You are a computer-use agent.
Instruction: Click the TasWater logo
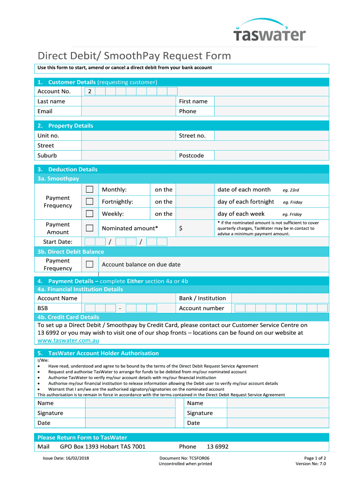(x=270, y=31)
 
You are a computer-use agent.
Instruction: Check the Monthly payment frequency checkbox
(x=89, y=189)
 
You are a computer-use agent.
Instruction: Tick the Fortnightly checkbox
(x=89, y=202)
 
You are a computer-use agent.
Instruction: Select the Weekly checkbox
(x=89, y=214)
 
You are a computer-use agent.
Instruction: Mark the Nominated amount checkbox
(x=89, y=228)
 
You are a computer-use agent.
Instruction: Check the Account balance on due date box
(x=89, y=264)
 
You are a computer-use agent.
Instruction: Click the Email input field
(x=129, y=111)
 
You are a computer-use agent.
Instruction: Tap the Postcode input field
(x=271, y=155)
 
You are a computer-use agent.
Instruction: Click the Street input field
(x=205, y=145)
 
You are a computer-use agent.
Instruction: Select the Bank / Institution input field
(x=280, y=298)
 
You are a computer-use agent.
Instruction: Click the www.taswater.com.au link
(x=68, y=341)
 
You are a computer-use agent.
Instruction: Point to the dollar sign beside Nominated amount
(x=181, y=228)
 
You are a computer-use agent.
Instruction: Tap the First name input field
(x=271, y=102)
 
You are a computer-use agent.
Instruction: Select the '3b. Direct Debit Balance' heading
(x=71, y=252)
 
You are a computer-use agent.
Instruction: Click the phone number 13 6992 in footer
(x=217, y=447)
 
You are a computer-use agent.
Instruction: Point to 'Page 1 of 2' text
(x=315, y=458)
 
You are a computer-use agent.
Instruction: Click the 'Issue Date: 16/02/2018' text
(x=66, y=458)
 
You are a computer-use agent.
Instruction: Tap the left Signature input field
(x=129, y=413)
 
